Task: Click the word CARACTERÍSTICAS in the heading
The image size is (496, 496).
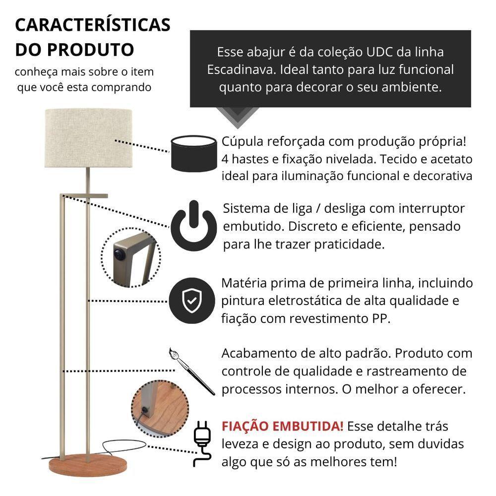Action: tap(93, 25)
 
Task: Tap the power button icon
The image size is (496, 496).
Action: tap(193, 226)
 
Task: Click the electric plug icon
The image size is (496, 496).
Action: tap(201, 442)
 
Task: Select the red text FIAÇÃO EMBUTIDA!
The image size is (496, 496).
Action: tap(282, 427)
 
